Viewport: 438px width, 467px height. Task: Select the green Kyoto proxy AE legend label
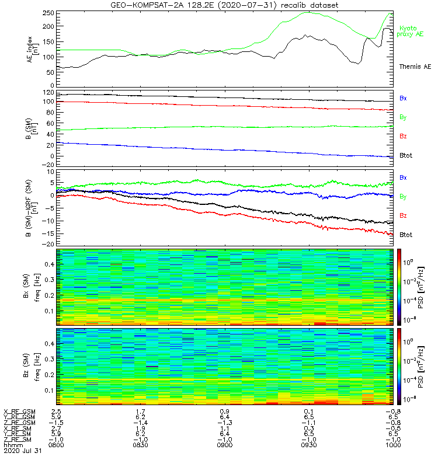[411, 31]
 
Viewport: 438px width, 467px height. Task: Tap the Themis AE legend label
[414, 67]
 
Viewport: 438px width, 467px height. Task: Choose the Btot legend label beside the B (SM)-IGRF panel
[406, 234]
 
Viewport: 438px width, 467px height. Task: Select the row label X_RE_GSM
[19, 412]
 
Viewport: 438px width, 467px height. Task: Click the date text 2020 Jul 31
[20, 451]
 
